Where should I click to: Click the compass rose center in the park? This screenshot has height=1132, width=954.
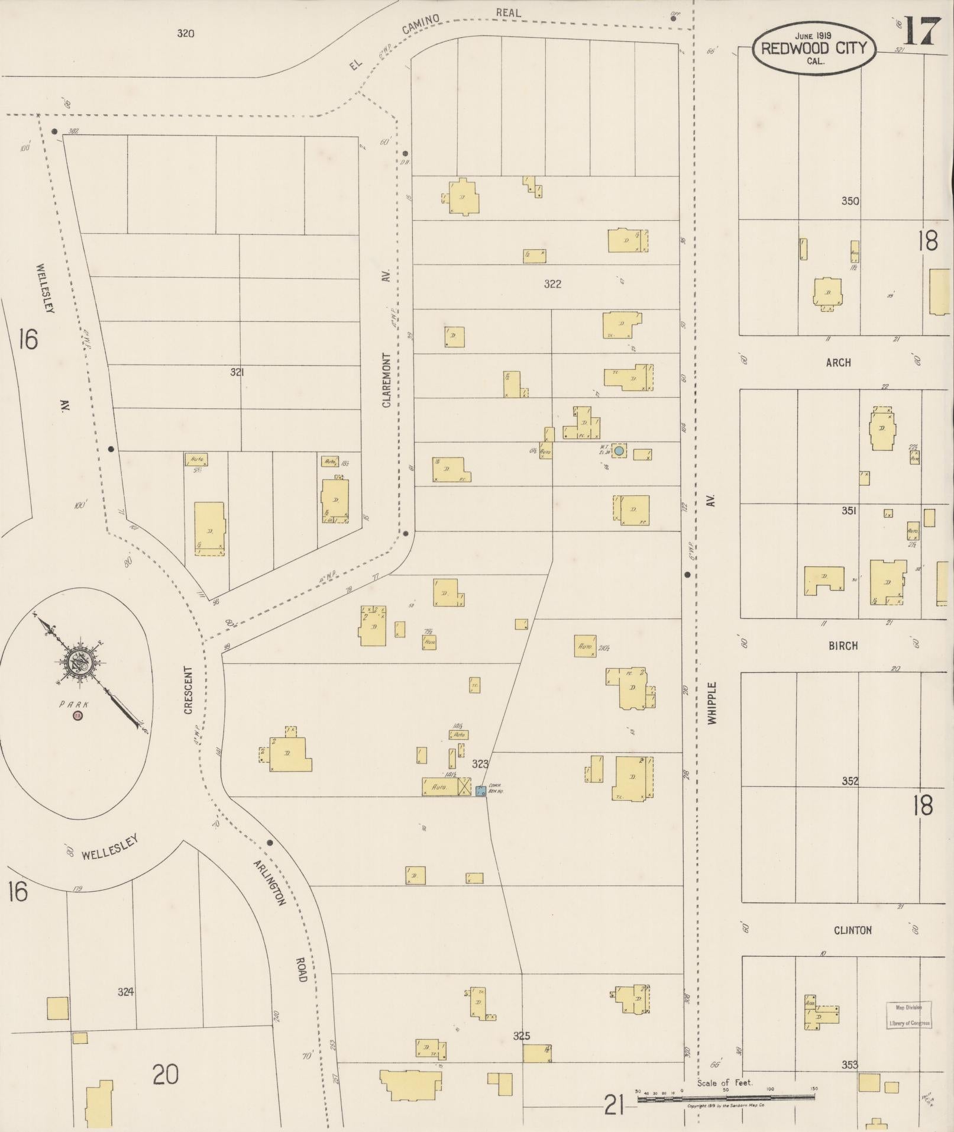click(x=77, y=663)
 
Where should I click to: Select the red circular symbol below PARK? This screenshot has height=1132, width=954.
click(x=77, y=716)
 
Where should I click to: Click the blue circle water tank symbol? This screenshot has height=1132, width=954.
click(x=619, y=451)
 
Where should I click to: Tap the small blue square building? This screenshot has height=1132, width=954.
click(x=481, y=791)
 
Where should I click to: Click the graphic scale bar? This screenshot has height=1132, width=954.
click(x=725, y=1098)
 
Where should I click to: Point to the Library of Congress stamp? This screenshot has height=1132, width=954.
click(x=908, y=1015)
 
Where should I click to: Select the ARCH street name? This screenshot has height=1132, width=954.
click(x=838, y=363)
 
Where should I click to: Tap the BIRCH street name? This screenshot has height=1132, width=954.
click(x=843, y=646)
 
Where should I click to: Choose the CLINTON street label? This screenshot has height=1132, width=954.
click(x=852, y=930)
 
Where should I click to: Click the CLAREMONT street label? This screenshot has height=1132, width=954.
click(x=387, y=380)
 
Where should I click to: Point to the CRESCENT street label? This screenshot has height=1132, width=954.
click(x=189, y=691)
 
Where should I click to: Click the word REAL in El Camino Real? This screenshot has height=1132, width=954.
click(x=508, y=12)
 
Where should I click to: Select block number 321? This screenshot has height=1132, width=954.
click(x=237, y=372)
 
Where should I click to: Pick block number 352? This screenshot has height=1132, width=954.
click(x=849, y=781)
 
